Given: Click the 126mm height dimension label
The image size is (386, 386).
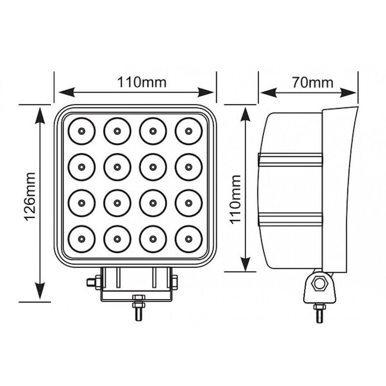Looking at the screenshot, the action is (x=31, y=197).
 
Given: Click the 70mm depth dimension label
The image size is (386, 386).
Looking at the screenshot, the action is (x=313, y=82).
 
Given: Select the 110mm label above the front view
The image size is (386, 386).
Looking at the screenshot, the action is (x=142, y=82).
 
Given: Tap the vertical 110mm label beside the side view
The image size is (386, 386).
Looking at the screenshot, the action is (x=235, y=199).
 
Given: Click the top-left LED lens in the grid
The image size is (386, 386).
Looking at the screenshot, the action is (x=82, y=131).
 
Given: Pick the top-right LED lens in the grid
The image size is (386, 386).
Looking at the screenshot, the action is (x=188, y=131).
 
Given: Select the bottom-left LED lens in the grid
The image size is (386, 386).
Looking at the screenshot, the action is (x=82, y=239).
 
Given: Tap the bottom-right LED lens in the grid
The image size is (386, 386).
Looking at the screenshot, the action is (x=188, y=239).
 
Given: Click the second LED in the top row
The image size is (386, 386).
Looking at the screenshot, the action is (x=117, y=131).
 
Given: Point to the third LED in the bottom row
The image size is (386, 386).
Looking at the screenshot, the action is (x=153, y=239).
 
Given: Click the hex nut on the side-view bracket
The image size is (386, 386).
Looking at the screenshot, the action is (x=319, y=284).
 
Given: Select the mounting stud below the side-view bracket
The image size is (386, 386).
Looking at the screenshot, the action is (x=319, y=313).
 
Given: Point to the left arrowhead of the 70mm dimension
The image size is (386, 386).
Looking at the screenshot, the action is (x=268, y=93).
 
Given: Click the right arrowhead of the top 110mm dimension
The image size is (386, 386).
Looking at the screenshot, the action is (x=206, y=92).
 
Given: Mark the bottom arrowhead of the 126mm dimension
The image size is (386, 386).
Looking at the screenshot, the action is (x=40, y=291).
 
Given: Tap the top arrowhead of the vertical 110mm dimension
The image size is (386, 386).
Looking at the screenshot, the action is (x=245, y=115).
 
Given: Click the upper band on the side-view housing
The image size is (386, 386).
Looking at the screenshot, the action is (x=290, y=159).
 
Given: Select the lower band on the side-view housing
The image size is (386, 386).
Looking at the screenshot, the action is (x=290, y=219).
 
